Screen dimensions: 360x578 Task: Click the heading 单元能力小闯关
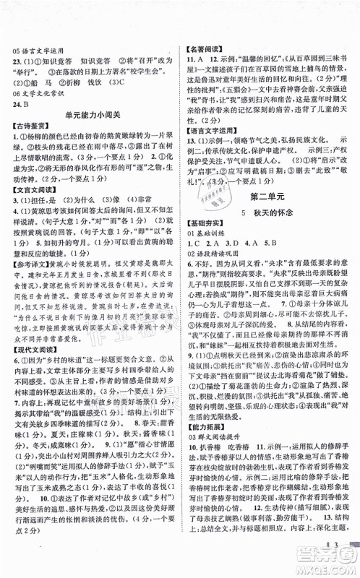click(x=90, y=119)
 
